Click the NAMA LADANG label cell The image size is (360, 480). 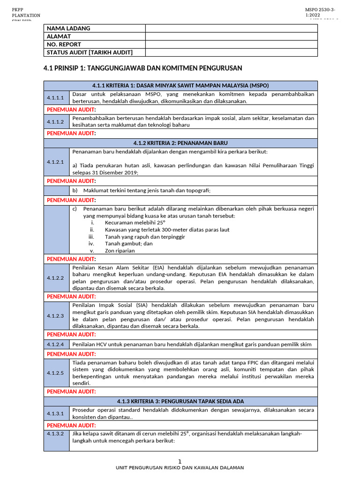pos(94,28)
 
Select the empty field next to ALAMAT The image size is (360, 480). pos(231,36)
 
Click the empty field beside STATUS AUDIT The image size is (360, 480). pos(231,52)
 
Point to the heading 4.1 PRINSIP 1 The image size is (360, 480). pos(142,68)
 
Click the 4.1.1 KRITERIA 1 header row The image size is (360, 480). pos(180,85)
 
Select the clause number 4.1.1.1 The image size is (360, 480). pos(55,97)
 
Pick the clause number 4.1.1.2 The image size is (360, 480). pos(55,122)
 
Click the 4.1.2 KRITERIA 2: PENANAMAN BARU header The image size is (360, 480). pos(180,142)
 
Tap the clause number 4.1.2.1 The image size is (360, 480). pos(55,162)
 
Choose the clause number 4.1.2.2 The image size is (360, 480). pos(55,278)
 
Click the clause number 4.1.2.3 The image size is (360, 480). pos(55,316)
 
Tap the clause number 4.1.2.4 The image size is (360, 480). pos(55,345)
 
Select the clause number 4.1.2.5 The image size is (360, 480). pos(55,373)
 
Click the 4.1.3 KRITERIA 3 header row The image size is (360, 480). pos(180,401)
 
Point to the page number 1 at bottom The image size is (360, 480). pos(180,461)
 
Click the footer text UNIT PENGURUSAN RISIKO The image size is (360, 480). pos(180,468)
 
